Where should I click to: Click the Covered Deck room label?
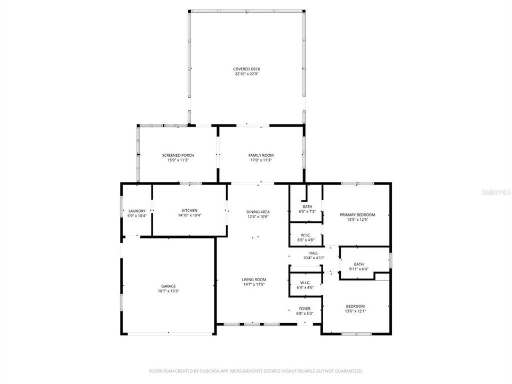246,69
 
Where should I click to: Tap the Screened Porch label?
174,155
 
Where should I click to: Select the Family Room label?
261,155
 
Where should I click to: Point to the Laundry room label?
137,211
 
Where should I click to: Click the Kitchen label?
189,211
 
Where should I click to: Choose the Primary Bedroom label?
357,215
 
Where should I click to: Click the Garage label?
169,286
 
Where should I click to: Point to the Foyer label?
305,308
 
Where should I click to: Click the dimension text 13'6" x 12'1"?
355,311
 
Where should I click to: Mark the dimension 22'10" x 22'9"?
246,74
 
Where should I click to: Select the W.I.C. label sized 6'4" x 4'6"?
305,283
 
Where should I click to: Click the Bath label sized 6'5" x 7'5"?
307,206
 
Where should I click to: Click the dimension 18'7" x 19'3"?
169,291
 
